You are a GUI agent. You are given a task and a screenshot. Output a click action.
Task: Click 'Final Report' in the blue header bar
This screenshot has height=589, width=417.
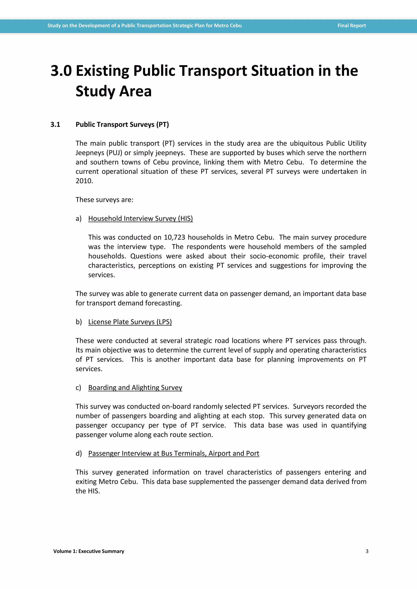(x=351, y=26)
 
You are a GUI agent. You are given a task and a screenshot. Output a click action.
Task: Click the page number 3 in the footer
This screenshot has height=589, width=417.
(x=367, y=551)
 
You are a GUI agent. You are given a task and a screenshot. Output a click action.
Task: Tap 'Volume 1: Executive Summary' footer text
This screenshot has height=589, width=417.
(x=89, y=551)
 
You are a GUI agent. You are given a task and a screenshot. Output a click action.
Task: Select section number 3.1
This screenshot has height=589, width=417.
(x=55, y=125)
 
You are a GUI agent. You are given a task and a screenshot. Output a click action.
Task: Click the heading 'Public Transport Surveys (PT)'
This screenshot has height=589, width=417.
(x=122, y=125)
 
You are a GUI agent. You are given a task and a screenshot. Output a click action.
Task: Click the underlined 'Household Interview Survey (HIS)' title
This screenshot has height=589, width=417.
(x=140, y=219)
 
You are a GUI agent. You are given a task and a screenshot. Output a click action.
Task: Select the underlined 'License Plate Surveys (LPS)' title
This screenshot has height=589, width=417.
(x=130, y=322)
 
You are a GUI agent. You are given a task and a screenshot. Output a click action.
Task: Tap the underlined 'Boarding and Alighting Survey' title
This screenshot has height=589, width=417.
(x=135, y=388)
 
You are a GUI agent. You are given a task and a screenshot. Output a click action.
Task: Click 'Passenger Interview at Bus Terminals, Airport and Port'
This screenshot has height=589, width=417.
(x=173, y=453)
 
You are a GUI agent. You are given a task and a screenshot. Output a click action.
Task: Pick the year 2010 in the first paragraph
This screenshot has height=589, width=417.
(x=84, y=181)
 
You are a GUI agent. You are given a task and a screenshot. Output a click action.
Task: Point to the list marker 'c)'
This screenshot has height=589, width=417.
(x=78, y=388)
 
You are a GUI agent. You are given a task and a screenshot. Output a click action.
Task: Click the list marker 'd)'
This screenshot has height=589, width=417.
(x=79, y=453)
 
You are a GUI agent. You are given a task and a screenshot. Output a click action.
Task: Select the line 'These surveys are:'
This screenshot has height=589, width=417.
(x=104, y=200)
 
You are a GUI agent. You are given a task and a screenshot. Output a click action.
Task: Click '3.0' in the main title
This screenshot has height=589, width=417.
(x=61, y=71)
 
